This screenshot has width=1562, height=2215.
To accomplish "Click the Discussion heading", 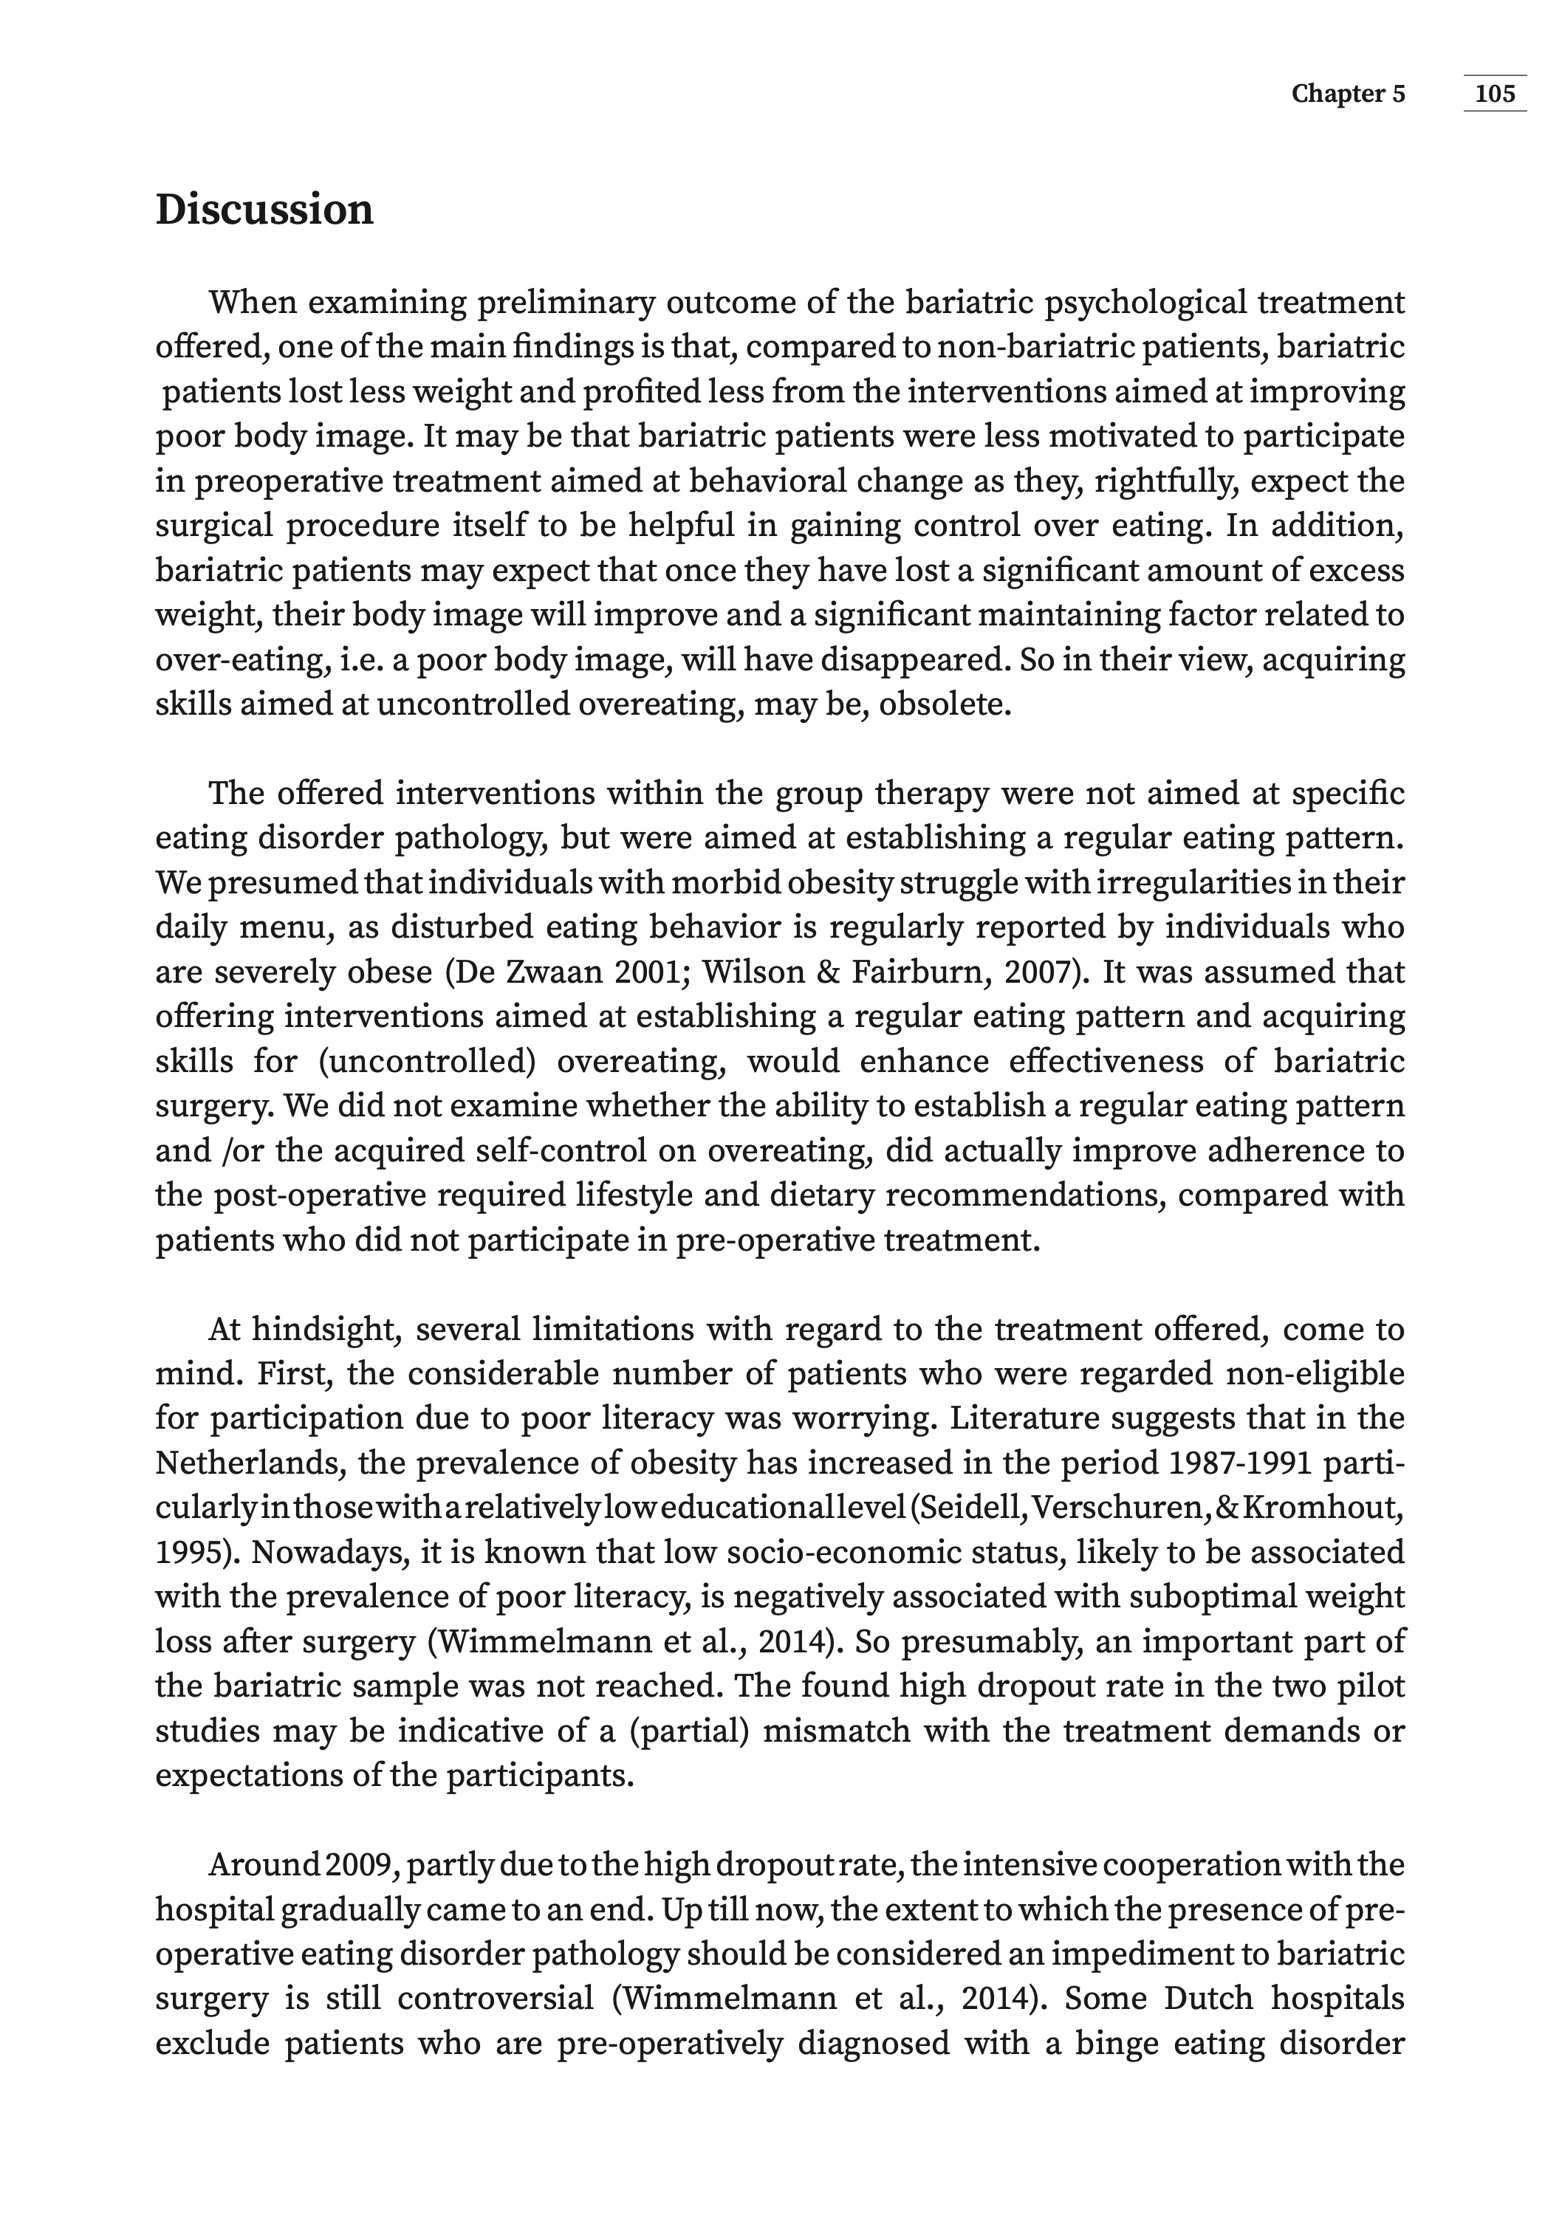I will (264, 210).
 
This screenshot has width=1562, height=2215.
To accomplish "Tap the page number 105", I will (1495, 94).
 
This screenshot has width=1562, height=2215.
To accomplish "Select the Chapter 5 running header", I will (1348, 94).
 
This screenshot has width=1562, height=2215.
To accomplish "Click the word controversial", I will (496, 1998).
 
